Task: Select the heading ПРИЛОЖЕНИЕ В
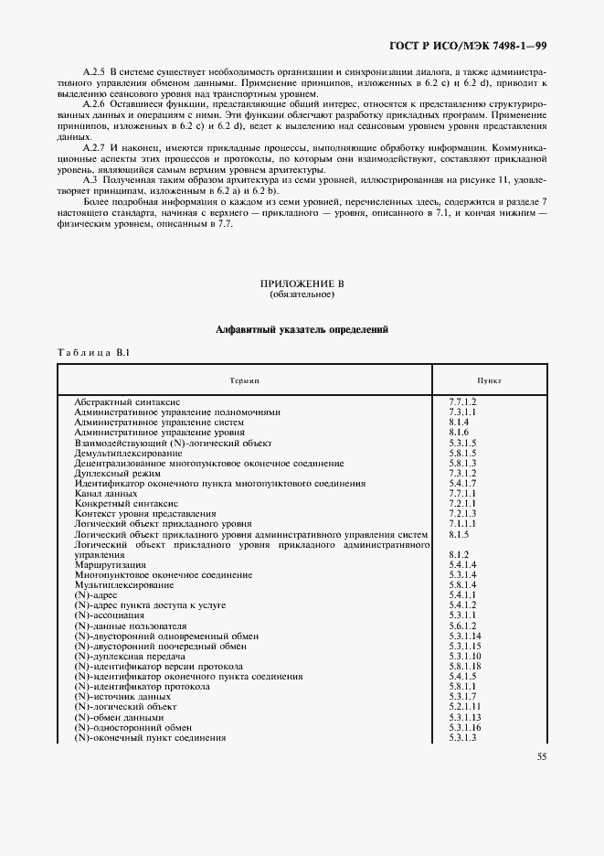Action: [x=302, y=284]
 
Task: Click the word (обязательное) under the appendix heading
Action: [x=302, y=295]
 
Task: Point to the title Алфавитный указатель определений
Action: [x=302, y=330]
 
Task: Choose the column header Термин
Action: [x=244, y=380]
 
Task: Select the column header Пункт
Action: [x=489, y=380]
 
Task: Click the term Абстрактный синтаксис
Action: [x=127, y=401]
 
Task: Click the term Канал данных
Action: [x=105, y=494]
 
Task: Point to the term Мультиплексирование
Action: [x=124, y=585]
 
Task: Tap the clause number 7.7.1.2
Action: [x=463, y=401]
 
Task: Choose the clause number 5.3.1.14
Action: [x=465, y=637]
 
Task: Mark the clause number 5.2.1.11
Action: [x=465, y=707]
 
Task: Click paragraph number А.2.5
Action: [x=94, y=71]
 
